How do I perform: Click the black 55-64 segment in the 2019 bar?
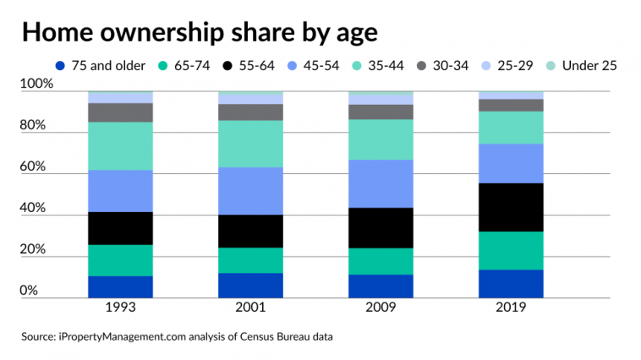tap(511, 207)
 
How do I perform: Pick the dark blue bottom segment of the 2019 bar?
tap(511, 284)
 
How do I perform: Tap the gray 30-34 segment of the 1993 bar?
tap(120, 112)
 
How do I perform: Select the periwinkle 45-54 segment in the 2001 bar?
tap(250, 191)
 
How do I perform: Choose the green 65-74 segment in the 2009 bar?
tap(381, 261)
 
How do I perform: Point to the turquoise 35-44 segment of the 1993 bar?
tap(120, 146)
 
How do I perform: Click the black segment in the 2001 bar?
tap(250, 231)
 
